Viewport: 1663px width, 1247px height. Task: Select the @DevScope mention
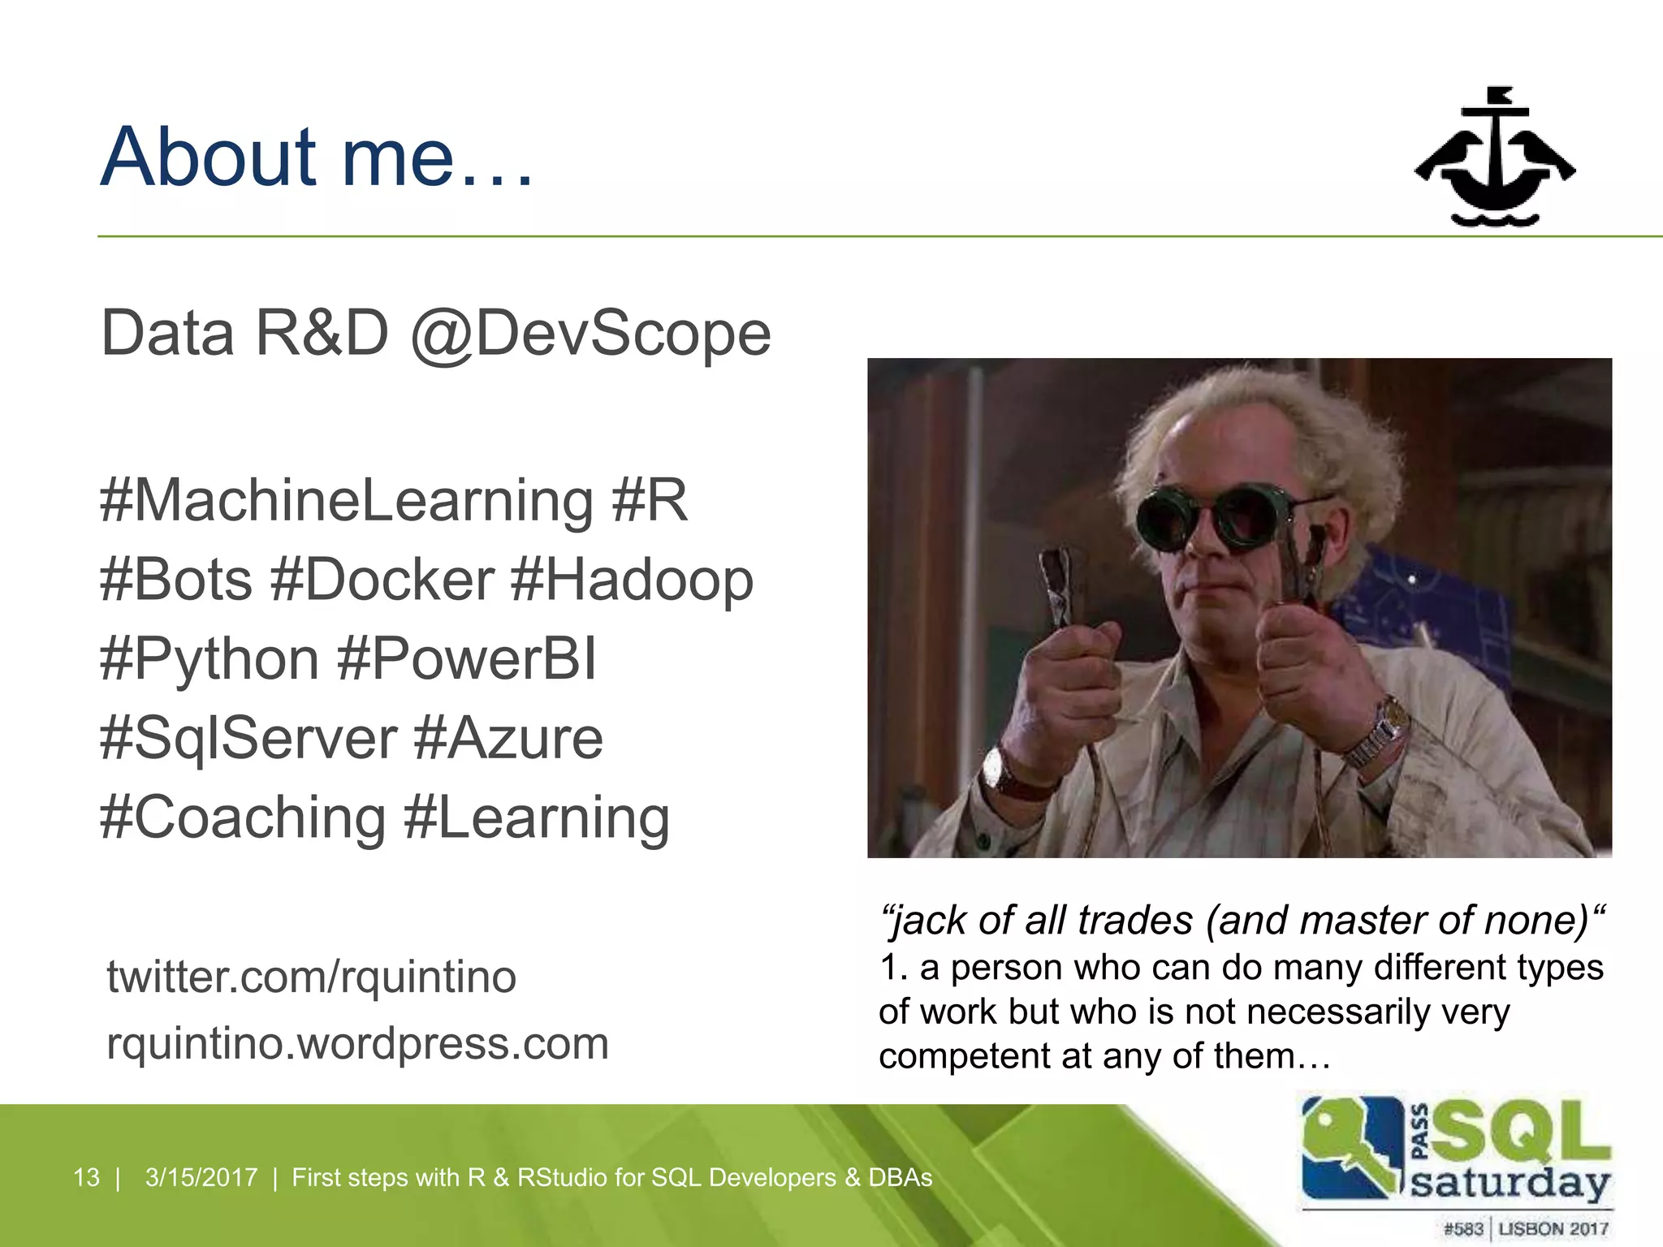pos(590,334)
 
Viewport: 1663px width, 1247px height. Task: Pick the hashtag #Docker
pos(382,580)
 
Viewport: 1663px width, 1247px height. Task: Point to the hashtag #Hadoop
pos(633,580)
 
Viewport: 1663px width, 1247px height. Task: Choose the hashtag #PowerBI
pos(467,658)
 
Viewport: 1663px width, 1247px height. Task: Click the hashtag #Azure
pos(508,738)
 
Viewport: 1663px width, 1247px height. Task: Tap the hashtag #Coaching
pos(243,818)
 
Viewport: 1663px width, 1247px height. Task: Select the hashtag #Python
pos(209,658)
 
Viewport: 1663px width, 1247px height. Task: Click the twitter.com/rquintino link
pos(311,977)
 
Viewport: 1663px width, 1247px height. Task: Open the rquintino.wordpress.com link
pos(357,1044)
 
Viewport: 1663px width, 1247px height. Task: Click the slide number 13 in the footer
pos(86,1177)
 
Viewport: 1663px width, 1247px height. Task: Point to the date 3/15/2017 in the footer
pos(201,1177)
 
